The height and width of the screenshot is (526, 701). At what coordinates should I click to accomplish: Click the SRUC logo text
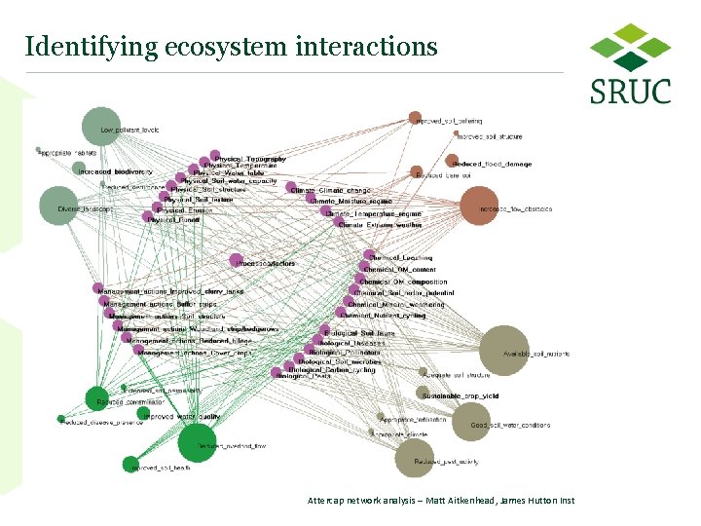coord(630,92)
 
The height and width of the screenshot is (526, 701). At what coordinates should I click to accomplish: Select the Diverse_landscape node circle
coord(59,207)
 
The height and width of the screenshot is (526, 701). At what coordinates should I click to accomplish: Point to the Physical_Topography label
coord(251,159)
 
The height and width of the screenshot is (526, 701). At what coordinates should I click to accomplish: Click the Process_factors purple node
coord(237,260)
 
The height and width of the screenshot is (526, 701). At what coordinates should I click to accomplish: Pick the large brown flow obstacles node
coord(479,206)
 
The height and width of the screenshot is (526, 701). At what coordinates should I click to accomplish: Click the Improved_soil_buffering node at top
coord(415,118)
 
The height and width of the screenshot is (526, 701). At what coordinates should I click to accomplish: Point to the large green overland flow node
coord(197,443)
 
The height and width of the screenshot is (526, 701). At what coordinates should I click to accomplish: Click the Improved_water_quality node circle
coord(143,415)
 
